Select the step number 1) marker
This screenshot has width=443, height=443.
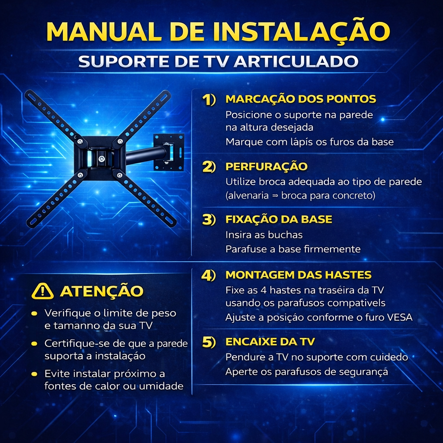pyautogui.click(x=209, y=100)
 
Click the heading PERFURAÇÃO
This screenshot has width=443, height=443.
pyautogui.click(x=266, y=166)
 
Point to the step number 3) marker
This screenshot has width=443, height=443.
pyautogui.click(x=209, y=220)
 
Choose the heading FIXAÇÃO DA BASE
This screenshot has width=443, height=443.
pyautogui.click(x=279, y=219)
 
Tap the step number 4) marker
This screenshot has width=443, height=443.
pyautogui.click(x=209, y=275)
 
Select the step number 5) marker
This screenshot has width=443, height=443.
pyautogui.click(x=209, y=342)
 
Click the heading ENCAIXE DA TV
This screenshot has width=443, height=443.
pyautogui.click(x=270, y=342)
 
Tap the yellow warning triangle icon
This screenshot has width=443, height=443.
pyautogui.click(x=42, y=292)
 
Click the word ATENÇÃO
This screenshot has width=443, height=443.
pyautogui.click(x=102, y=291)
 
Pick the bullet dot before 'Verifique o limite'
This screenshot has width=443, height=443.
pyautogui.click(x=34, y=313)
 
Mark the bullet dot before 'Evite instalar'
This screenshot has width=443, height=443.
pyautogui.click(x=34, y=374)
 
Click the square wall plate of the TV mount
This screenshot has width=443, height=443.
pyautogui.click(x=169, y=152)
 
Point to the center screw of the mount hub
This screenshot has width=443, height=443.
pyautogui.click(x=102, y=159)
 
